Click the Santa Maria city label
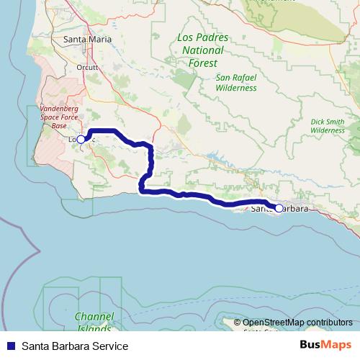point(87,40)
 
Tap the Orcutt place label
point(86,68)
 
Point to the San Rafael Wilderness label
point(235,82)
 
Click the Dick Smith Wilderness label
point(328,126)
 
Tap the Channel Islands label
point(94,321)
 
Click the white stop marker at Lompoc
point(81,140)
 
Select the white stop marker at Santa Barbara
point(279,208)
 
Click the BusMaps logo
point(325,346)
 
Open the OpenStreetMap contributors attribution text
point(298,323)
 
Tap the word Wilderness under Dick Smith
point(328,130)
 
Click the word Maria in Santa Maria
point(100,40)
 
